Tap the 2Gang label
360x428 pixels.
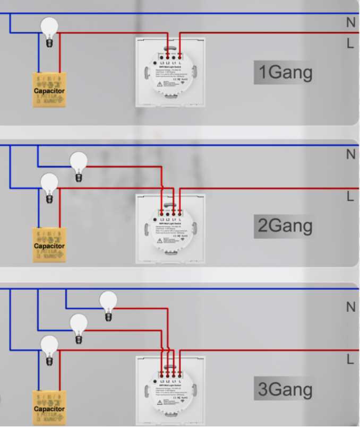point(285,226)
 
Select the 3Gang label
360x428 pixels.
point(285,390)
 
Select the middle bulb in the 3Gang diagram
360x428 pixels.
point(79,326)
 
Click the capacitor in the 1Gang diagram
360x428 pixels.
point(49,90)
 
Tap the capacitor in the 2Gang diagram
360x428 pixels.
point(49,244)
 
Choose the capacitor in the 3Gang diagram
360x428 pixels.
point(49,408)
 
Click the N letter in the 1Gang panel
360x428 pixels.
point(350,23)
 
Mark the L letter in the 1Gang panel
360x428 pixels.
point(350,44)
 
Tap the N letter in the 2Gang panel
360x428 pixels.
point(350,154)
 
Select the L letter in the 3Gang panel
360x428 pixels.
point(350,359)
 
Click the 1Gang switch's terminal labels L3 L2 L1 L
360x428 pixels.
point(170,64)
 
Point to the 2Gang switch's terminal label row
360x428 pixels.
point(170,219)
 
